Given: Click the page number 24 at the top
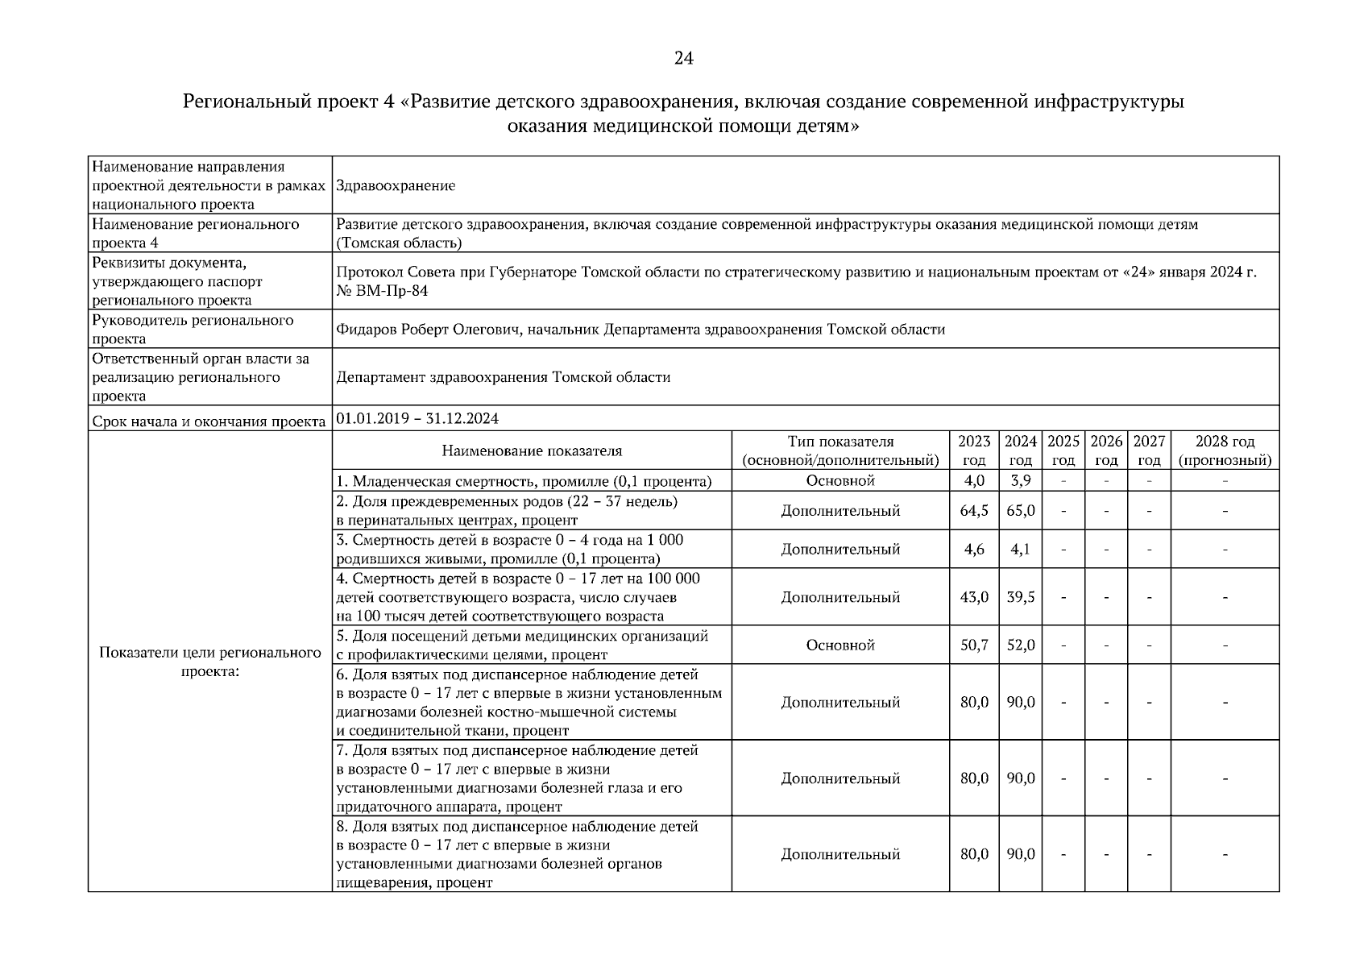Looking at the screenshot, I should coord(683,58).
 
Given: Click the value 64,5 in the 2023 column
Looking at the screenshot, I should coord(974,511).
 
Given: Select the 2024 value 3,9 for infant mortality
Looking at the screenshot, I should coord(1020,481).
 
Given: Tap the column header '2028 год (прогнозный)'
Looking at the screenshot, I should coord(1225,451).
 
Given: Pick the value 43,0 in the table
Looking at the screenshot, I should coord(974,597).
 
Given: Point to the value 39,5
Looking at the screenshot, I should coord(1021,597).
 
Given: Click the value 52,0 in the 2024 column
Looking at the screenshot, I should coord(1021,645).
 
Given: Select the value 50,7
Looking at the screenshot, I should coord(974,645).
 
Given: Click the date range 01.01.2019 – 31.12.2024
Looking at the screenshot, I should coord(417,418).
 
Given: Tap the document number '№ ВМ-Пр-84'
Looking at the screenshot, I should coord(382,291).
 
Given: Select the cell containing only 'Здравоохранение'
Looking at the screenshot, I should coord(396,185).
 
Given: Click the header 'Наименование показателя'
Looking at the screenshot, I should coord(532,451).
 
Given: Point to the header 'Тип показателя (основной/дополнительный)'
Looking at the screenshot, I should coord(840,451).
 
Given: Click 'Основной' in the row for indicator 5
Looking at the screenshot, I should coord(840,645).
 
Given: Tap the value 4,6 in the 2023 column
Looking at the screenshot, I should coord(974,550).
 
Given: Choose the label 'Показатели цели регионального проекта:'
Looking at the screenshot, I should coord(210,662).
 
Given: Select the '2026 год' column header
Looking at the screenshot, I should coord(1106,451).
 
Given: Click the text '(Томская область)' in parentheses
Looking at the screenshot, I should coord(399,243).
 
